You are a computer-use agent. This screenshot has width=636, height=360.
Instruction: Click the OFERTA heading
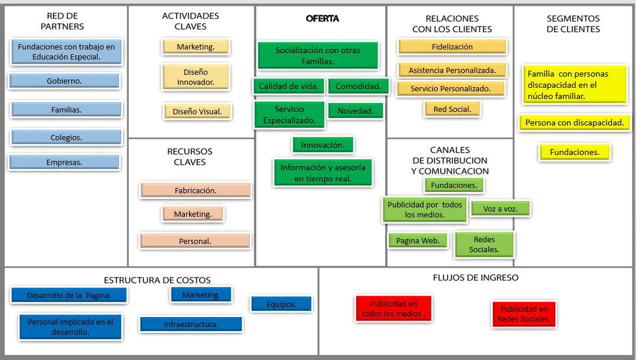point(322,18)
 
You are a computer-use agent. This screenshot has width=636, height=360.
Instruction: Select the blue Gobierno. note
point(64,81)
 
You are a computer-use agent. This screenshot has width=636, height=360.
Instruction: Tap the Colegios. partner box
point(66,137)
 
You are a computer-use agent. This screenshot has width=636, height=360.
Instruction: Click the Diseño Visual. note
point(197,111)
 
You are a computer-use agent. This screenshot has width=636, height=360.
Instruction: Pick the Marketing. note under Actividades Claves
point(196,47)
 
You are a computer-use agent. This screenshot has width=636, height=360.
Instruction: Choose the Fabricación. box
point(196,190)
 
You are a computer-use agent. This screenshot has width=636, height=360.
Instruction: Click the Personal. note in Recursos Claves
point(195,241)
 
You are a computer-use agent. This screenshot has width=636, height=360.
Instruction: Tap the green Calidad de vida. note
point(289,86)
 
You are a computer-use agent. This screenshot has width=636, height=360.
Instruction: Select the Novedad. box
point(356,111)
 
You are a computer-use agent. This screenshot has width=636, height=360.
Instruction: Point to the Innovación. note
point(323,145)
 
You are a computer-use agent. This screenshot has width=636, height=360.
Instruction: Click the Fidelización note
point(452,47)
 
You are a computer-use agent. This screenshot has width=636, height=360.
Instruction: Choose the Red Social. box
point(452,109)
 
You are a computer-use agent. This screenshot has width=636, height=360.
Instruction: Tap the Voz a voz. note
point(500,209)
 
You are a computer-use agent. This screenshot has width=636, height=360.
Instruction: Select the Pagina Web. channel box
point(418,240)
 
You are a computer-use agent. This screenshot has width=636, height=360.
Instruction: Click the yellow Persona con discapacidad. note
point(574,123)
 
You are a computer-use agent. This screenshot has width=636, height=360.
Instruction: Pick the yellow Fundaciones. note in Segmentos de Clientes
point(574,152)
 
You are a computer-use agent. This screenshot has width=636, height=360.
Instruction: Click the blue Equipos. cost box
point(281,304)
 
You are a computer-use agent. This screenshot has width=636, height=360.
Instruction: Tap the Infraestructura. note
point(191,324)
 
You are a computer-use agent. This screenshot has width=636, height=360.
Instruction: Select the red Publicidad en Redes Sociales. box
point(524,314)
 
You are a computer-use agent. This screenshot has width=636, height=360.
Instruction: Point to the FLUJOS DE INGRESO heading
point(475,278)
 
